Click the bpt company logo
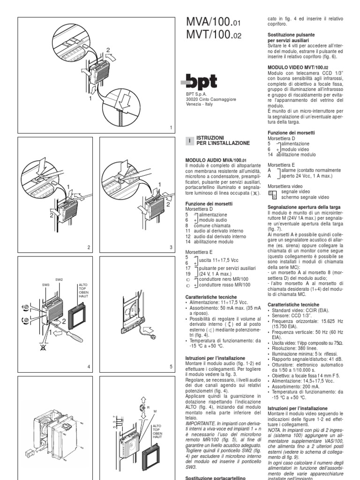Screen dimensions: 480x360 199,82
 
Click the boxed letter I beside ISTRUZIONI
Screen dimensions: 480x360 189,140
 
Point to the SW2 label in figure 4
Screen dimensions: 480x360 59,280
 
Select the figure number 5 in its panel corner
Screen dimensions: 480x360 171,367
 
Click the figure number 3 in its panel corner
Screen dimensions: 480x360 171,247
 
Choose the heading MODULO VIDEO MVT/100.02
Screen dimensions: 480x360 296,67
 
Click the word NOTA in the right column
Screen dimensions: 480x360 275,427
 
